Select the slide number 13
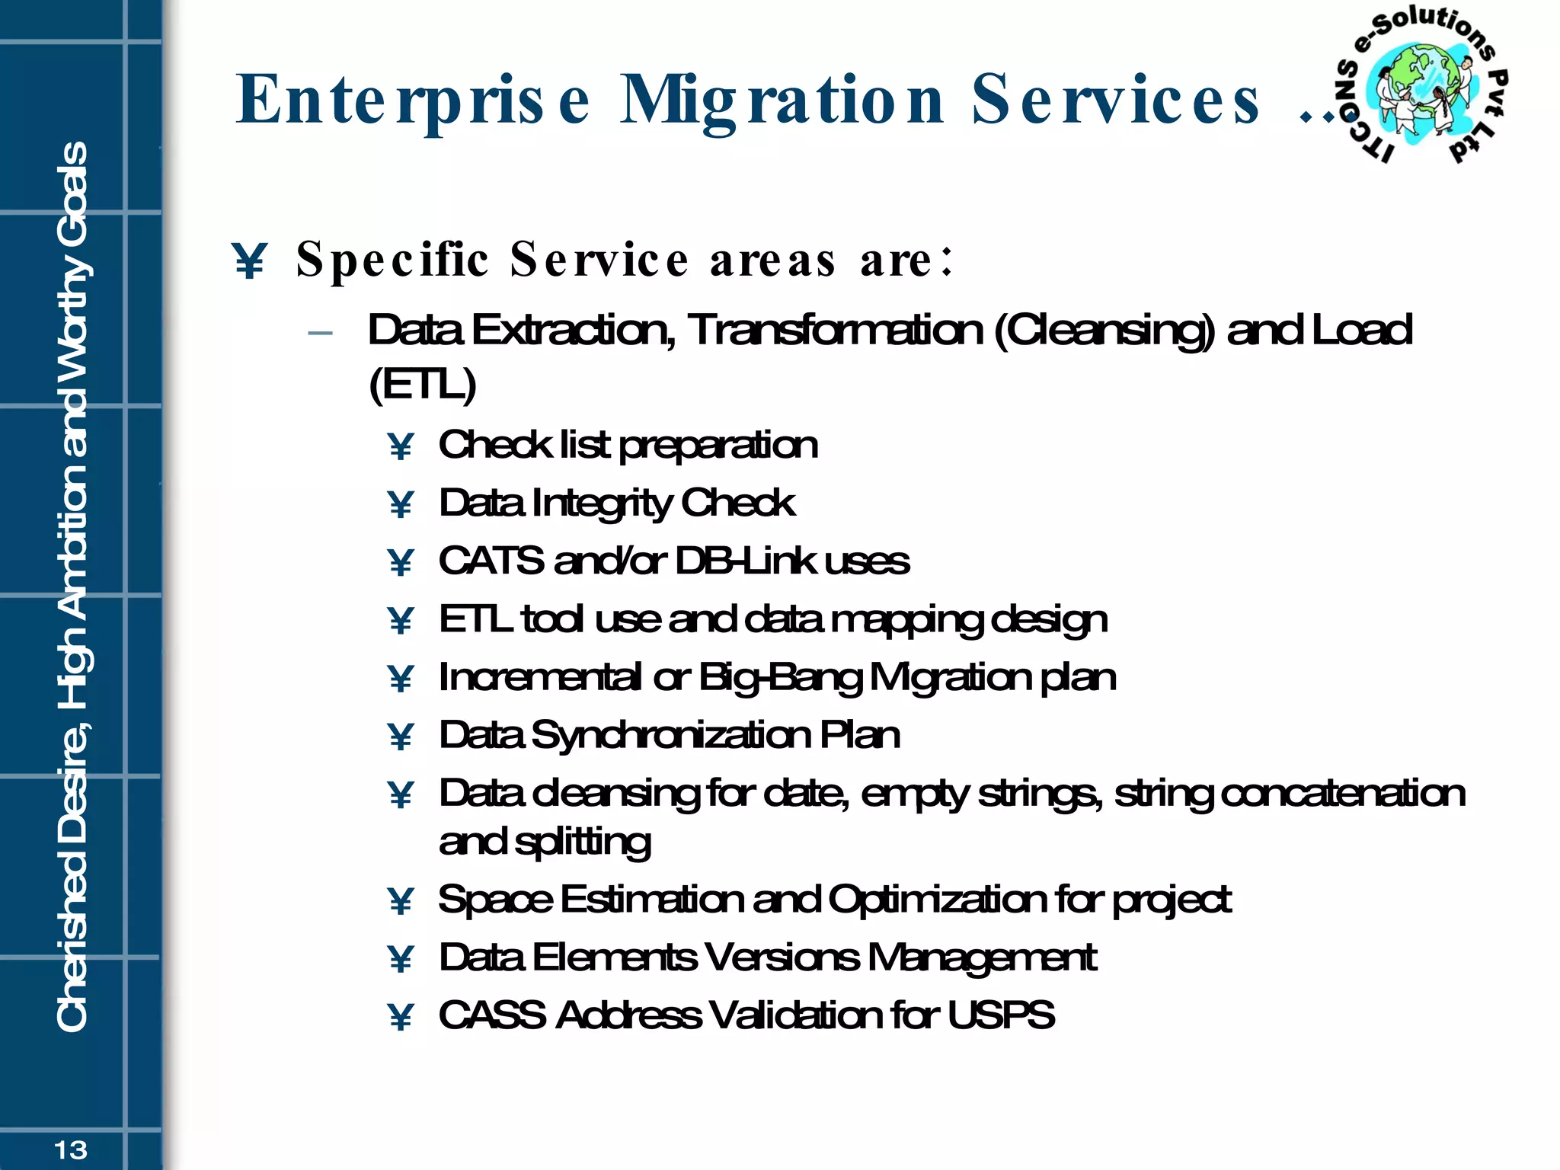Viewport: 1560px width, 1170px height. [71, 1149]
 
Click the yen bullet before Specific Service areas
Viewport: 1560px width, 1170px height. [250, 261]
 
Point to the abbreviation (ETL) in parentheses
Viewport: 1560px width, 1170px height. [422, 384]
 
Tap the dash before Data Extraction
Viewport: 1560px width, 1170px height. [321, 333]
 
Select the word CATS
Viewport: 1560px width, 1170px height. [491, 561]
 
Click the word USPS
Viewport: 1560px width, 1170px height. [1001, 1015]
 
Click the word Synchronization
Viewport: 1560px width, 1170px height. [671, 736]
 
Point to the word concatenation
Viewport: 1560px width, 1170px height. [1343, 794]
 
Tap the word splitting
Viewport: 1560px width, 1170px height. [583, 842]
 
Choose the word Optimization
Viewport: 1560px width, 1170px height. [937, 900]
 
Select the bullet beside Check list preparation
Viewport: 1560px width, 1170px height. [401, 446]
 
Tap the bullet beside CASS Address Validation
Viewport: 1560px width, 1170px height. [401, 1017]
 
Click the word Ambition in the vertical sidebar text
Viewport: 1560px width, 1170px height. [73, 529]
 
